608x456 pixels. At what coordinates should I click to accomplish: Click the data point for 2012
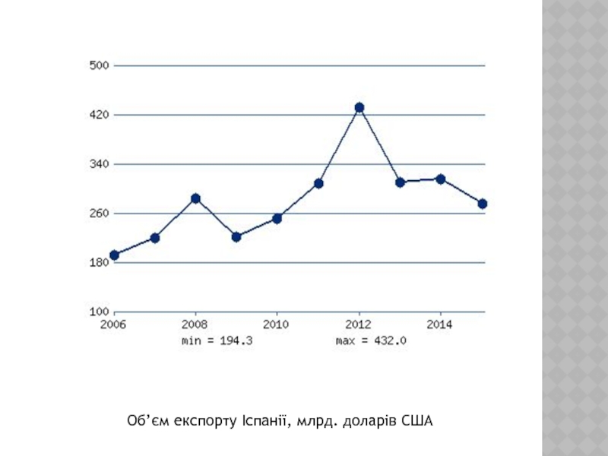click(359, 108)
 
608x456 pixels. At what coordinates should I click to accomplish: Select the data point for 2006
click(114, 255)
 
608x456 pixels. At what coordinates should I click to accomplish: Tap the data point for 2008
click(195, 198)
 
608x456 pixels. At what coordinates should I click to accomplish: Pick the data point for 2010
click(277, 219)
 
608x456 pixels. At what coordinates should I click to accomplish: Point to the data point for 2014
click(440, 179)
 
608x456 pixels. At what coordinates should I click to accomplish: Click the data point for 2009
click(236, 237)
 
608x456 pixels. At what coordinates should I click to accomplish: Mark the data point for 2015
click(482, 204)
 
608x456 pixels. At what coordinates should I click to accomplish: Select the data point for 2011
click(318, 183)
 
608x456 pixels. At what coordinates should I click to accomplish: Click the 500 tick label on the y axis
click(100, 65)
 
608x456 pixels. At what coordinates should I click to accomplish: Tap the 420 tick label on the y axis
click(100, 115)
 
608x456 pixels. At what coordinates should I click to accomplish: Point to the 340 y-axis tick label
click(100, 164)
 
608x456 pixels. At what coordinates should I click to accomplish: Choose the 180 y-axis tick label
click(100, 263)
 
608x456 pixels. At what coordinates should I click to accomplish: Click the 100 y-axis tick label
click(100, 312)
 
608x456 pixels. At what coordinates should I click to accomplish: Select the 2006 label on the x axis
click(114, 325)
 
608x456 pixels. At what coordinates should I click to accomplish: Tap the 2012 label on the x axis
click(359, 325)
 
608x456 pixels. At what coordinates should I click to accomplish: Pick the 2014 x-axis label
click(440, 325)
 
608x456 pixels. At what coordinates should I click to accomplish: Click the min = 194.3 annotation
click(217, 341)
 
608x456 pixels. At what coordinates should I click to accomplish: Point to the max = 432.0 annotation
click(372, 341)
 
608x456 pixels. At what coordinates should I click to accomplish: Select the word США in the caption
click(415, 420)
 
